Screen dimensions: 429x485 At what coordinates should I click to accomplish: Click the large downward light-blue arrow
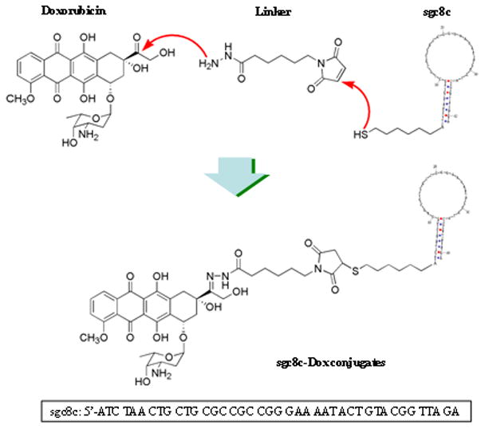pos(222,175)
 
